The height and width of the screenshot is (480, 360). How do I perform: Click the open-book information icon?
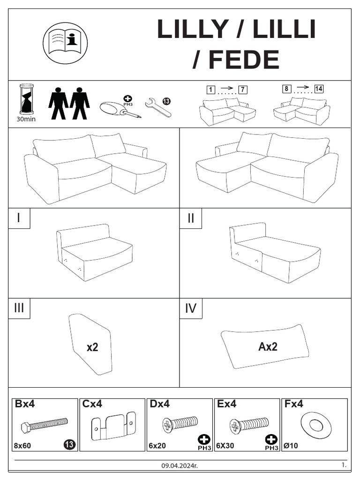click(65, 43)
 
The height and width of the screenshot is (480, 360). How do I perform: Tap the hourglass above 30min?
click(27, 99)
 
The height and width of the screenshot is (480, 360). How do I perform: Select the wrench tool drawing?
click(158, 107)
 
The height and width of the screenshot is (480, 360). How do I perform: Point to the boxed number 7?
click(243, 90)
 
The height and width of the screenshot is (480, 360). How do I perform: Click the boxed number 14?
click(319, 89)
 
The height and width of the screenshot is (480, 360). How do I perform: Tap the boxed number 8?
click(286, 89)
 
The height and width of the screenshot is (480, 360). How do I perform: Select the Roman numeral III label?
click(19, 308)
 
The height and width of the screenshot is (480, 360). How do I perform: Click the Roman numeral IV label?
click(190, 308)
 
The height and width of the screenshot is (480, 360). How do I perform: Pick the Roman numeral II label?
click(191, 218)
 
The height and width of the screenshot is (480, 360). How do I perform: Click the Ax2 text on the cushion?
click(268, 346)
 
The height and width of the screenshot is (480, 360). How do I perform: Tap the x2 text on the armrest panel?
click(92, 347)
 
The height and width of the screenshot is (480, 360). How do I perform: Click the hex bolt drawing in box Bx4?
click(45, 424)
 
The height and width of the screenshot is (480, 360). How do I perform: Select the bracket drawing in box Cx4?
click(113, 427)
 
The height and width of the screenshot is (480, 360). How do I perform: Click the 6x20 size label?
click(157, 446)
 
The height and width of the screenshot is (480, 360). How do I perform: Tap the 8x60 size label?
click(22, 446)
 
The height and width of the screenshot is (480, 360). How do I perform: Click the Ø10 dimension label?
click(291, 446)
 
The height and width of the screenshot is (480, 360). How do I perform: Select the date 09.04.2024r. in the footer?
click(180, 465)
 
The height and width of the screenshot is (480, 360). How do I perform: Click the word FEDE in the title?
click(244, 60)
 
